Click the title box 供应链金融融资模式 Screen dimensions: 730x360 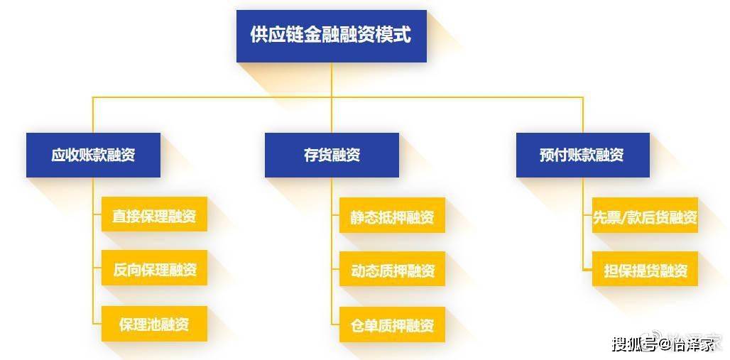point(332,36)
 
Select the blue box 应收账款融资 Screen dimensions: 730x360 point(93,155)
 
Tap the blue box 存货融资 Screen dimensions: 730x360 point(332,155)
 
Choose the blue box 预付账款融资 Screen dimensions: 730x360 point(583,155)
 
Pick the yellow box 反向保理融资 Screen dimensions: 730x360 point(154,268)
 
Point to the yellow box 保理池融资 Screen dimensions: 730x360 point(154,324)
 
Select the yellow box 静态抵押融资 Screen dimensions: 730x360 point(392,215)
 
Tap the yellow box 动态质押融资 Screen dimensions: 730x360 point(392,269)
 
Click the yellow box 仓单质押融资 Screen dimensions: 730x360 point(392,324)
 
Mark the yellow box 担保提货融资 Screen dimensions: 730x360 point(645,269)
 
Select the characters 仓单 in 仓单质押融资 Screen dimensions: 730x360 point(364,325)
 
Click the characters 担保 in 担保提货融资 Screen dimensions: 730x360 point(617,270)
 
